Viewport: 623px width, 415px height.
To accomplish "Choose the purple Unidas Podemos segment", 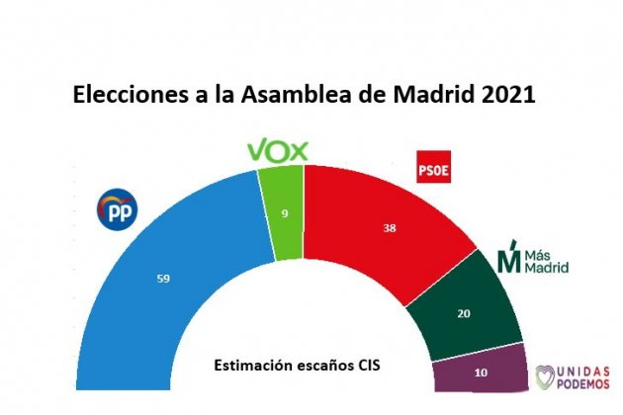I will (x=480, y=375).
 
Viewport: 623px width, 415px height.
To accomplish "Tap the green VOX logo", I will (x=278, y=150).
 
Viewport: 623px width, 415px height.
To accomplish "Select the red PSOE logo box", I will (x=435, y=167).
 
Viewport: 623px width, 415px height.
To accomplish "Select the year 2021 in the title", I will (x=506, y=97).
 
